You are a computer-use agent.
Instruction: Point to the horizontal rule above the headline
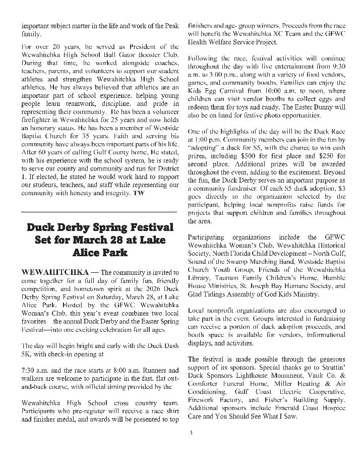[x=99, y=212]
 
